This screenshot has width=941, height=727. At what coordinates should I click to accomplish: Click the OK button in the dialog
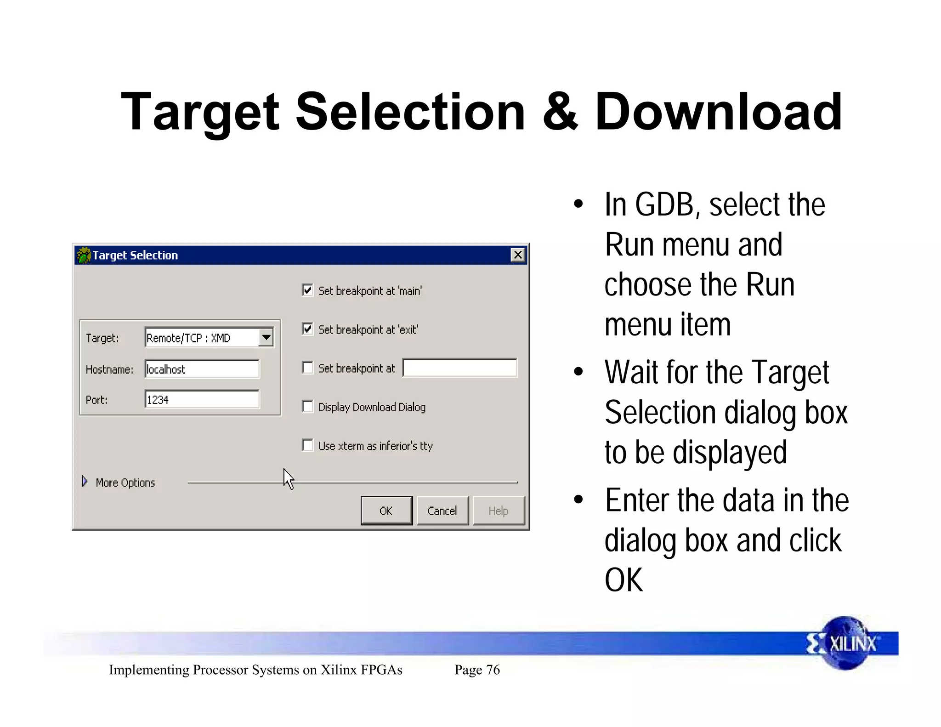click(x=386, y=511)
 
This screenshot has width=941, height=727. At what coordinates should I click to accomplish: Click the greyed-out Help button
click(x=498, y=511)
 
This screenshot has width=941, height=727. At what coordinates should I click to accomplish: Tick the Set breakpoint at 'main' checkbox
click(x=307, y=290)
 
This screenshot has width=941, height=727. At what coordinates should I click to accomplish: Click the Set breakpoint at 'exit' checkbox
click(x=307, y=329)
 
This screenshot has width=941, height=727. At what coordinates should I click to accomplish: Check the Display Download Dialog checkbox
click(x=307, y=407)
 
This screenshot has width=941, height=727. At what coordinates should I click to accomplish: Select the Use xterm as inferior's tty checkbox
click(x=307, y=445)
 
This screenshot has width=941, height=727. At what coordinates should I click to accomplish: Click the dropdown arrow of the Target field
click(x=266, y=338)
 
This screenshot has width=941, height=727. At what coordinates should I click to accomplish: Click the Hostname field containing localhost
click(x=202, y=369)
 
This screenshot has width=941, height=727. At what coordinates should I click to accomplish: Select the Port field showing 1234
click(x=202, y=399)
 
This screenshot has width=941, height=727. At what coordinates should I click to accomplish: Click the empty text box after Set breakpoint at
click(x=459, y=368)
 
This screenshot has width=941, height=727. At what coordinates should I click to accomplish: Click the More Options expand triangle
click(x=85, y=482)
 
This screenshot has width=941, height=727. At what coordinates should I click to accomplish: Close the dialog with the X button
click(x=518, y=255)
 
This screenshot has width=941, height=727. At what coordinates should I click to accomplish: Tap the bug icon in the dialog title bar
click(x=84, y=255)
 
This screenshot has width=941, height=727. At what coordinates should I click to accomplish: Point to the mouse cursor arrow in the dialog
click(x=288, y=478)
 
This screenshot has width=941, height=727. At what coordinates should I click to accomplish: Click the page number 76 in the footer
click(x=493, y=670)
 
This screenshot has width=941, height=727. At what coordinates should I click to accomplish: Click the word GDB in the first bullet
click(x=664, y=204)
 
